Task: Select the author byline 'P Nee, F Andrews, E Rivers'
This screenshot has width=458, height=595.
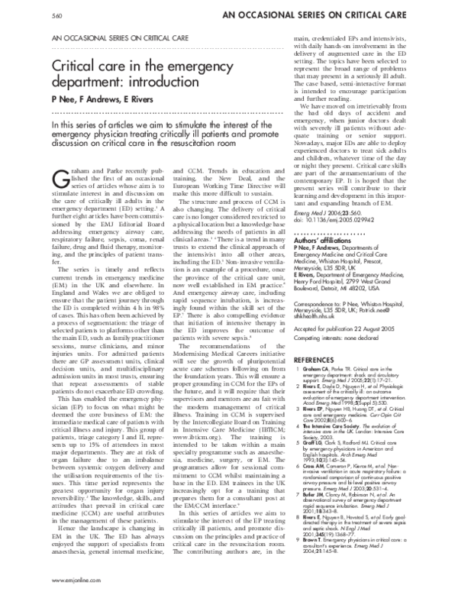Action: [95, 107]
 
